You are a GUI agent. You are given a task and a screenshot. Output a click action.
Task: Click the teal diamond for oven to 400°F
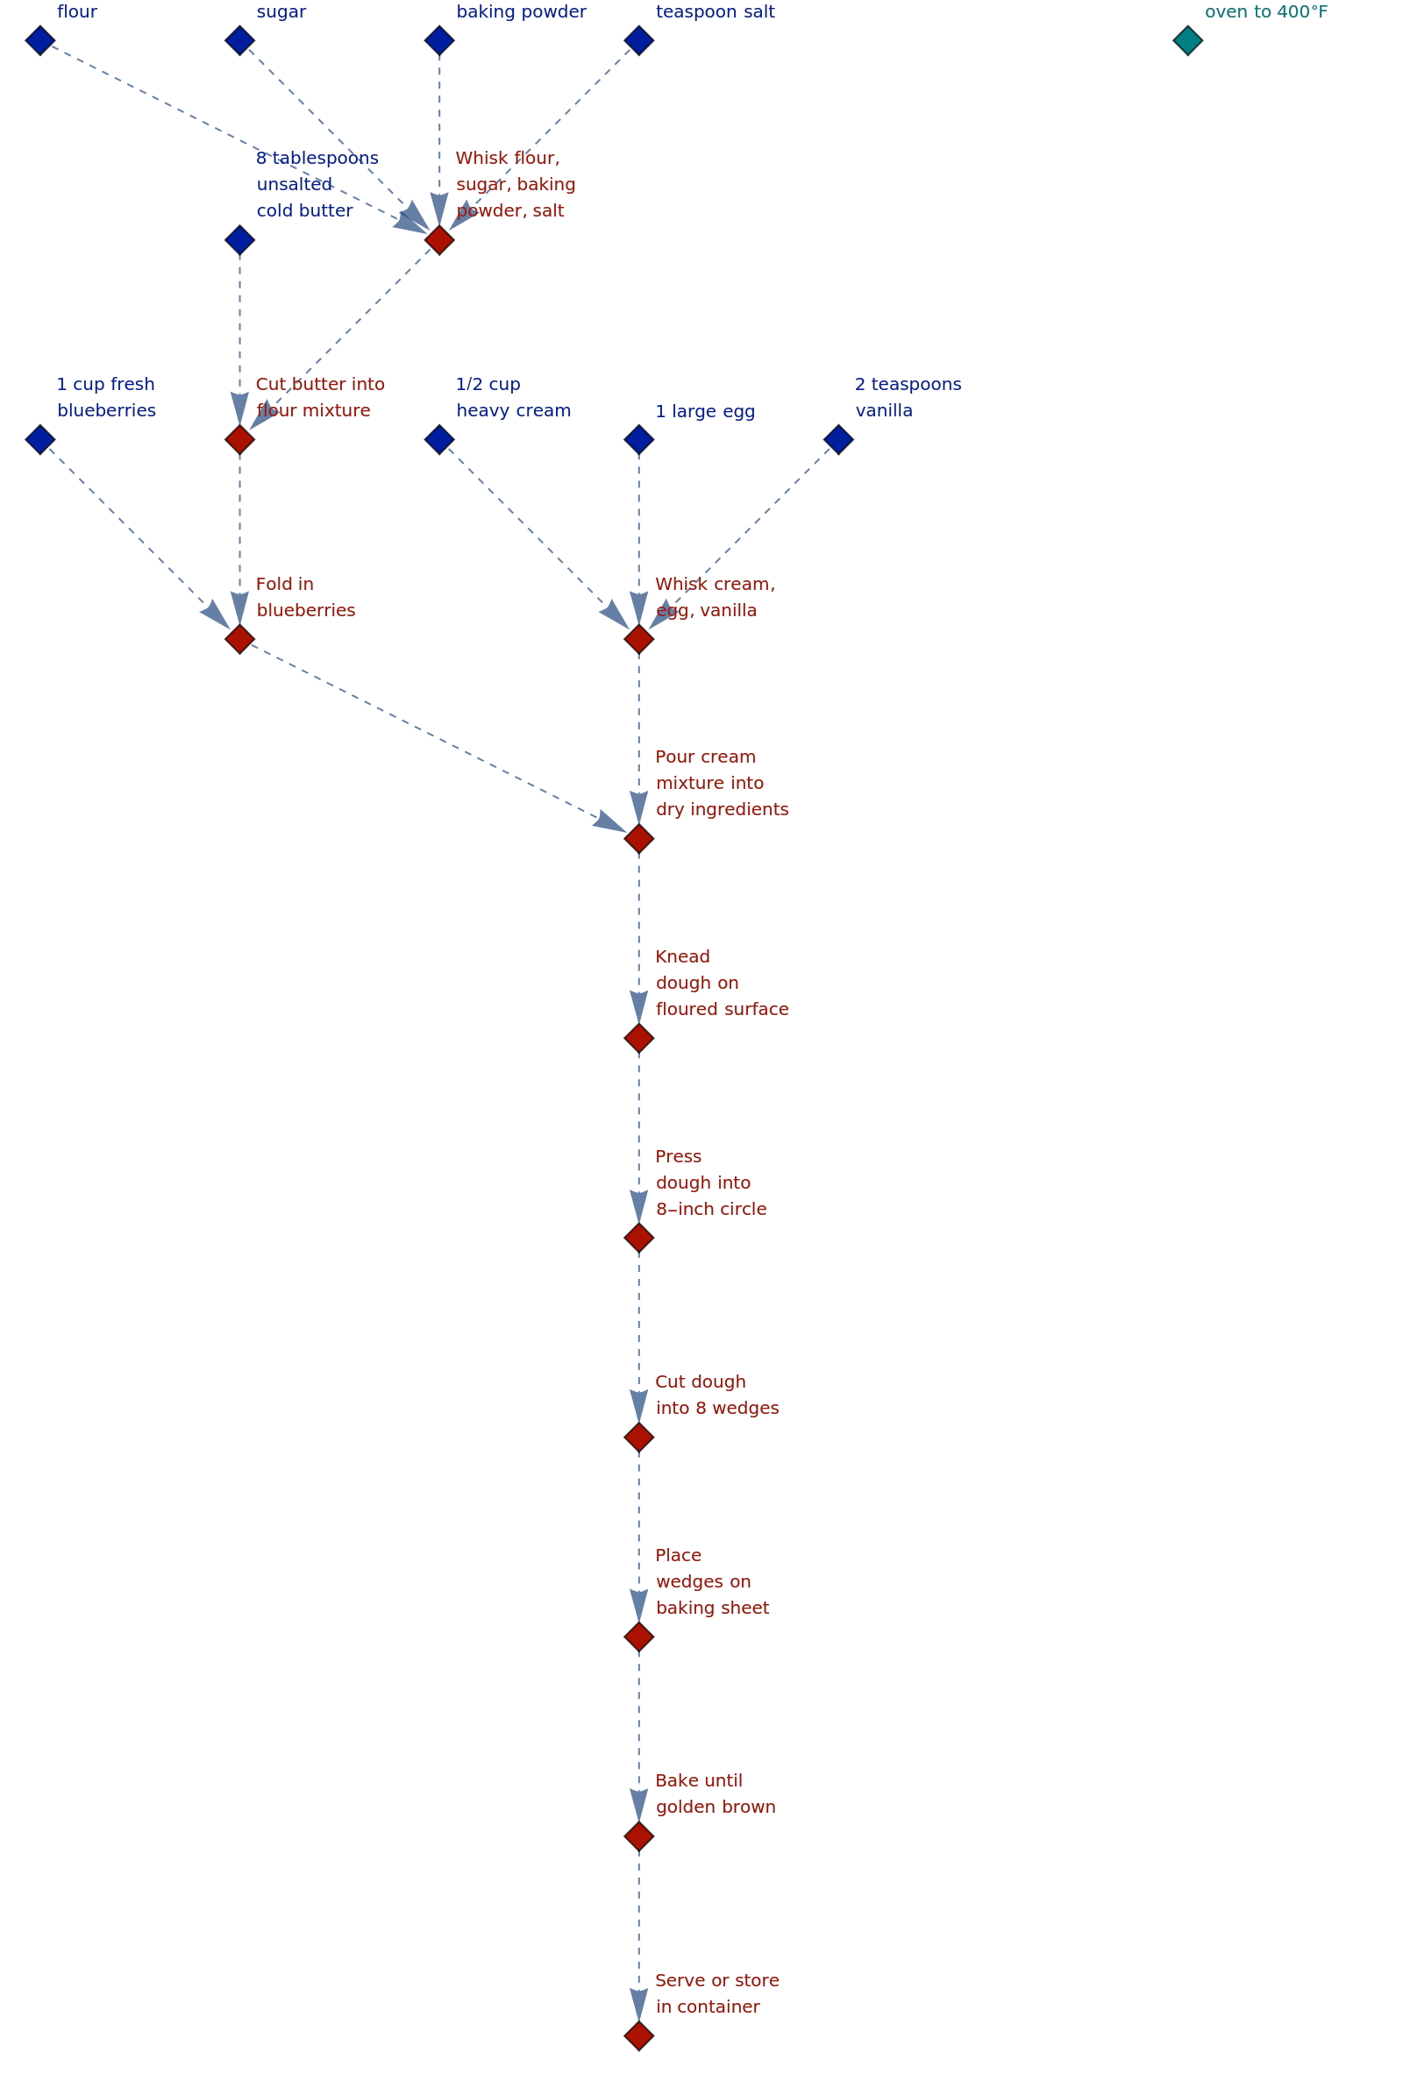click(1187, 40)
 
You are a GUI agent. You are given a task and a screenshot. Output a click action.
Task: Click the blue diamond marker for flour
click(40, 40)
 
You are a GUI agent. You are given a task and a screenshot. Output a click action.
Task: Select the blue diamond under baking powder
click(439, 40)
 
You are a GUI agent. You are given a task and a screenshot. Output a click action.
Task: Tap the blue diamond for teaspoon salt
click(639, 40)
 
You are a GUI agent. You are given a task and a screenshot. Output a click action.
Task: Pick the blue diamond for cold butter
click(239, 239)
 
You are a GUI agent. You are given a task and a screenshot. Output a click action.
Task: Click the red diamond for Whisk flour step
click(439, 239)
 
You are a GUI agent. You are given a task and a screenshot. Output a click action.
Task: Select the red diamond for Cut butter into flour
click(239, 439)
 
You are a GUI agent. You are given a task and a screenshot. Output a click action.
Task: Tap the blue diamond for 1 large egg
click(639, 439)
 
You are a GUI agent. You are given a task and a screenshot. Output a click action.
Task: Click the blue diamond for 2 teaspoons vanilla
click(838, 439)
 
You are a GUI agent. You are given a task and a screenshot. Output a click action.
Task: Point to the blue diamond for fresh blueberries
click(40, 439)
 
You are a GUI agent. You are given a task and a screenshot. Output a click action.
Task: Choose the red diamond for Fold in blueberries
click(239, 639)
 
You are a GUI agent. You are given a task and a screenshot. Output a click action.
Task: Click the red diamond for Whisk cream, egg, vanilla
click(639, 639)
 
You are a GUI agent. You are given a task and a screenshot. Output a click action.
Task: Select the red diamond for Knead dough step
click(639, 1038)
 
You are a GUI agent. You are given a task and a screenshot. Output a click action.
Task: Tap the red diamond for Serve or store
click(639, 2035)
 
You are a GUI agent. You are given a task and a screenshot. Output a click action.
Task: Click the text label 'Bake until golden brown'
click(715, 1793)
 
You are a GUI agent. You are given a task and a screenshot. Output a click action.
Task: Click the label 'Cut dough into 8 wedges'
click(716, 1395)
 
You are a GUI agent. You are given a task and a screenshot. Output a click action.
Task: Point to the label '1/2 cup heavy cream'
click(513, 397)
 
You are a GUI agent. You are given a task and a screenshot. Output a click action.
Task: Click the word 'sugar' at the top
click(281, 12)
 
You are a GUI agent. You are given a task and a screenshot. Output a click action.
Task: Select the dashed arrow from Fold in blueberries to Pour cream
click(438, 738)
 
